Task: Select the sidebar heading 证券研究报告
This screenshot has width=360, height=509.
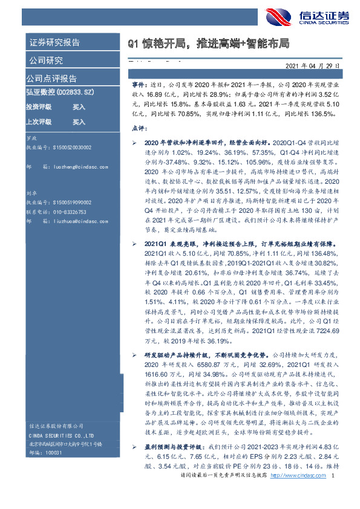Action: [x=54, y=43]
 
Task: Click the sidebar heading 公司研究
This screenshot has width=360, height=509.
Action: [x=45, y=60]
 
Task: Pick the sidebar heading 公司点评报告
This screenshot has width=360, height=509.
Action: [x=51, y=78]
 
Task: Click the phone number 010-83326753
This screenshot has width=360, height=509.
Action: [x=71, y=213]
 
